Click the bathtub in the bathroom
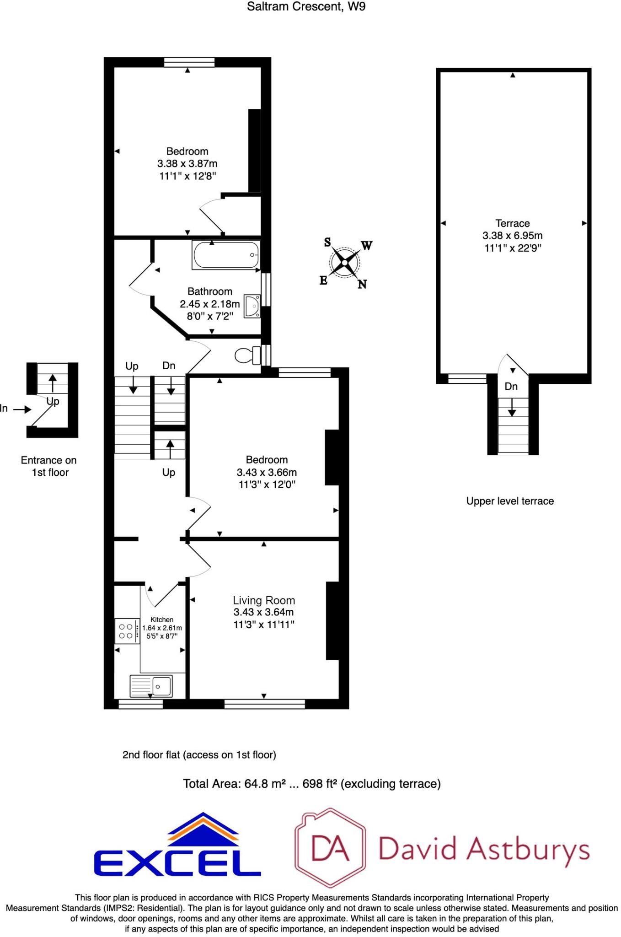226,255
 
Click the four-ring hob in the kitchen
127,631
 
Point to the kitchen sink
151,686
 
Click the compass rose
344,263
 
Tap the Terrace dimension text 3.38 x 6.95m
512,236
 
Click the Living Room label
264,600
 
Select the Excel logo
177,846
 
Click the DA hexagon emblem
330,847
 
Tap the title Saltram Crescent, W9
306,6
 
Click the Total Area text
311,784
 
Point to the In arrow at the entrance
21,409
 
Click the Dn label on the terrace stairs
511,387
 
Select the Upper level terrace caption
510,501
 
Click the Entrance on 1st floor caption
49,466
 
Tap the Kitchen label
162,619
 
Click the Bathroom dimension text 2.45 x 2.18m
209,304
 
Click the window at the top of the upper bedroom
189,62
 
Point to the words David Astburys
484,849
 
